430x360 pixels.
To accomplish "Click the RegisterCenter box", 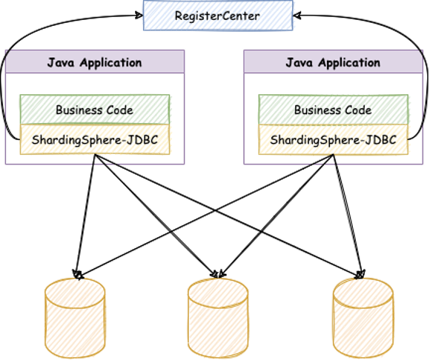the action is pos(218,16).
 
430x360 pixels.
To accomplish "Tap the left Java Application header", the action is pos(95,61).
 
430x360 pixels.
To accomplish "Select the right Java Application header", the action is pos(333,61).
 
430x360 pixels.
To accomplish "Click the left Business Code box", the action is pos(95,110).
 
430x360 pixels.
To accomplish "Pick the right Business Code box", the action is pos(333,110).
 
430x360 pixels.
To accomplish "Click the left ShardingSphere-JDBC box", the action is pos(95,139).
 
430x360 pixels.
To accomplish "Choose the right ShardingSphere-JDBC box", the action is pos(333,139).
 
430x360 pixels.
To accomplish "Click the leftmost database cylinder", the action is pos(75,318).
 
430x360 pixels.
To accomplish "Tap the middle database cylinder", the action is pos(218,318).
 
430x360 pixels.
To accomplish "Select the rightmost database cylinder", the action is pos(363,318).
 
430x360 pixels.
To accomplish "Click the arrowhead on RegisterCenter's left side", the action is pos(139,16).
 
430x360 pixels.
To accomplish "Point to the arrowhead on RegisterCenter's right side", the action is pos(297,16).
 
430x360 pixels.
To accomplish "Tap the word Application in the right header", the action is pos(349,63).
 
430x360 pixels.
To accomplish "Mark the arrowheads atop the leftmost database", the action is pos(78,274).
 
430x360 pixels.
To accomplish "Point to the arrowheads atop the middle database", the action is pos(218,273).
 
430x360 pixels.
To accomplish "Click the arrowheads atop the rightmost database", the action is pos(360,274).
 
